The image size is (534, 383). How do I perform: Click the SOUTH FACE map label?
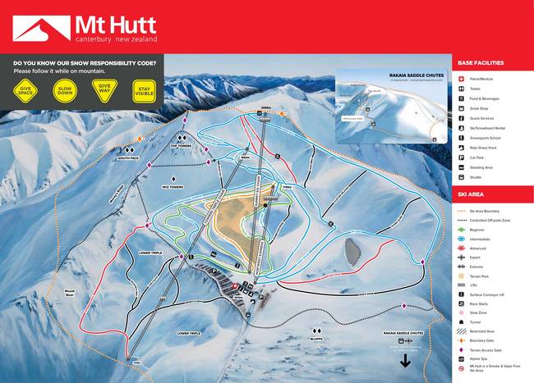(128, 158)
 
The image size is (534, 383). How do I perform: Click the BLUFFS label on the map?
(315, 336)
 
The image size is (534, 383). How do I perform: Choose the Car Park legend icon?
(463, 157)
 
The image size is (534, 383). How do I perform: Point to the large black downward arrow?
(404, 361)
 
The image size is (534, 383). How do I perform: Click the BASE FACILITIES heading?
(481, 62)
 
